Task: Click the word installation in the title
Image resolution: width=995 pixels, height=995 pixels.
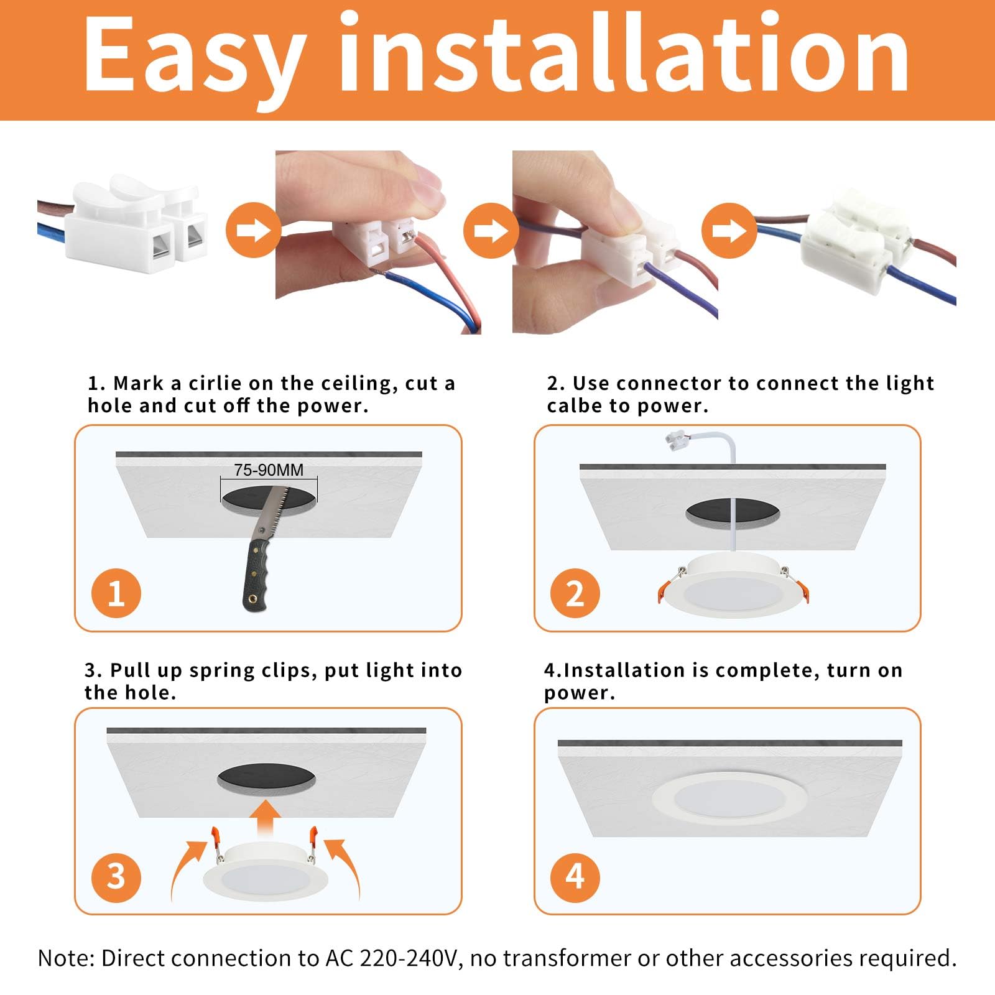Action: coord(625,52)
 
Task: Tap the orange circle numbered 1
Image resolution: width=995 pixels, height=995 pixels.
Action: coord(116,593)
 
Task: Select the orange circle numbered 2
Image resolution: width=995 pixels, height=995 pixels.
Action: coord(575,593)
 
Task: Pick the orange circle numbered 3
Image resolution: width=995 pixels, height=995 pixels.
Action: coord(116,877)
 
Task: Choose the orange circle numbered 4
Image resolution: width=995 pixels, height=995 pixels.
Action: coord(575,877)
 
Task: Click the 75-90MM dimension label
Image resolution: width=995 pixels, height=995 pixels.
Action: coord(269,470)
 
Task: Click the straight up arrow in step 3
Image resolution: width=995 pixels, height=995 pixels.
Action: coord(267,818)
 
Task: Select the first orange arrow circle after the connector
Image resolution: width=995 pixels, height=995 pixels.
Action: coord(254,230)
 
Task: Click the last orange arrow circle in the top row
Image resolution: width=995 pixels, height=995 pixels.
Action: coord(729,230)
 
